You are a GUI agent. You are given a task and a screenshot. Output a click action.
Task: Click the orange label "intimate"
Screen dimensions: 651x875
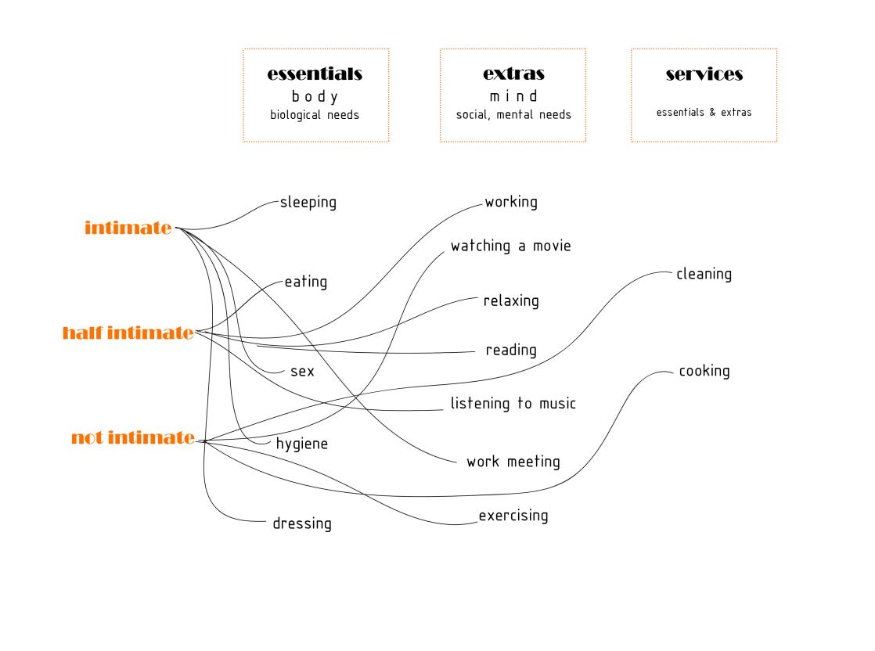[128, 228]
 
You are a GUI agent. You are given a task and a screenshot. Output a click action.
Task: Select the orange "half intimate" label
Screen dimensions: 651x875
[128, 333]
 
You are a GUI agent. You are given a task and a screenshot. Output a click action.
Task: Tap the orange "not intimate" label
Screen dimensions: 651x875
[132, 437]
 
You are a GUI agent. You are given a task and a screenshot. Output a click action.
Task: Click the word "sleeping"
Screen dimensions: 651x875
[308, 203]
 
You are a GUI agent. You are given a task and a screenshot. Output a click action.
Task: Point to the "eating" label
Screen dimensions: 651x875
[306, 282]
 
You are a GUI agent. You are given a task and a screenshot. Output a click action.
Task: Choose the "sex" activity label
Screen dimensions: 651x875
[302, 372]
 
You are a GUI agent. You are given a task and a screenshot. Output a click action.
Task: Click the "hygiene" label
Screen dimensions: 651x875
[302, 444]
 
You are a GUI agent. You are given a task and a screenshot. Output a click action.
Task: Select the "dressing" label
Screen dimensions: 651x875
[302, 523]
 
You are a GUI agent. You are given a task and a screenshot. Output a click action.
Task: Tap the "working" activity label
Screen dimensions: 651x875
[511, 202]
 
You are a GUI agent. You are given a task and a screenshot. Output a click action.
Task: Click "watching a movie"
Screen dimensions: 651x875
[510, 246]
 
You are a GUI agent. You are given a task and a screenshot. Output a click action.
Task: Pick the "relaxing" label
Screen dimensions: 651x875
[511, 300]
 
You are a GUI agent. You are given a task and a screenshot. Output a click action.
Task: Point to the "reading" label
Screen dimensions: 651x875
[511, 350]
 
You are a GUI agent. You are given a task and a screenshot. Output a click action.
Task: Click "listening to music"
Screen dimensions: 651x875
[513, 404]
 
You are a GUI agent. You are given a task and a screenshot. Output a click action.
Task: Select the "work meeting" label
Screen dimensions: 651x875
[513, 462]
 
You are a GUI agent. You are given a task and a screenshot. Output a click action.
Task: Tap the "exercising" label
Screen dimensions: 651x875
[513, 516]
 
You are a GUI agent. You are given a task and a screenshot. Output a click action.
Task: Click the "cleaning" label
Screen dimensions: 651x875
[704, 274]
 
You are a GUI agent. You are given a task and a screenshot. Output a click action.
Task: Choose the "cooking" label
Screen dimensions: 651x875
[704, 371]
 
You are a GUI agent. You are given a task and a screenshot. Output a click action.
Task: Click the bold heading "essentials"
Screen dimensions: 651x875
[315, 74]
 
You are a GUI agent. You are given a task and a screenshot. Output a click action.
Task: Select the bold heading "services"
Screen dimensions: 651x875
[704, 74]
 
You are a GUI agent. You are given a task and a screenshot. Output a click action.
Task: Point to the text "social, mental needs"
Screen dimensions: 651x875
[513, 115]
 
